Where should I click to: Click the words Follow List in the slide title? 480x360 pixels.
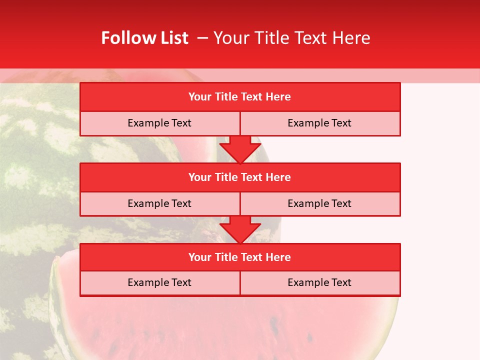[x=144, y=38]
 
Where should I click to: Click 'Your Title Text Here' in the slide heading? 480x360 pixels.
[x=291, y=38]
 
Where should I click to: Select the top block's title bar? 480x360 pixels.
[x=240, y=97]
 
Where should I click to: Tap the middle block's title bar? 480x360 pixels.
[x=240, y=177]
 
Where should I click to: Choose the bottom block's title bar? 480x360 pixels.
[x=240, y=257]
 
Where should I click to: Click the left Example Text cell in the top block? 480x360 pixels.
[x=159, y=123]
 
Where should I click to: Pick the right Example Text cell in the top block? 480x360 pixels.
[x=319, y=123]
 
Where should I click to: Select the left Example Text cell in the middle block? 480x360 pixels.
[x=159, y=204]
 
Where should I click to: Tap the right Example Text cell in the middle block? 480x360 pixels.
[x=319, y=204]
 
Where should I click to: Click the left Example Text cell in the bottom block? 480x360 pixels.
[x=159, y=283]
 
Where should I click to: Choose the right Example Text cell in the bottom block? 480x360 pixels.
[x=319, y=283]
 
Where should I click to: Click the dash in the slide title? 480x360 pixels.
[x=202, y=38]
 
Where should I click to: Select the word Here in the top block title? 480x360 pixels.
[x=278, y=97]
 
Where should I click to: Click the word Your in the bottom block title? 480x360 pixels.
[x=200, y=257]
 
